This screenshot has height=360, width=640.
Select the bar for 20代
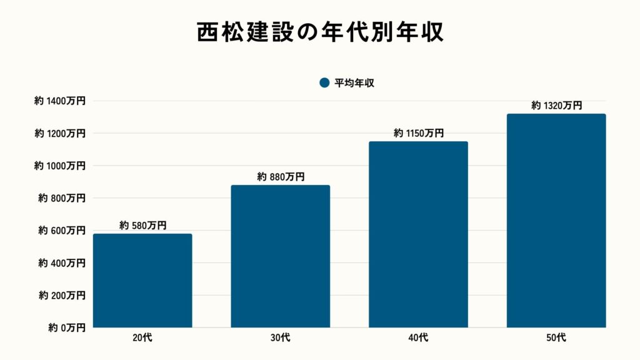tap(142, 281)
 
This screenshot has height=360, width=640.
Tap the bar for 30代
tap(281, 256)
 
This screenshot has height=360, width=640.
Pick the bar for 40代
tap(418, 234)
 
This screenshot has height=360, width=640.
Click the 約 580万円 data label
tap(142, 226)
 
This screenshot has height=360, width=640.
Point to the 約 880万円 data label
tap(281, 177)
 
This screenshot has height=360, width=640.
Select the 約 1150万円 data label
tap(418, 133)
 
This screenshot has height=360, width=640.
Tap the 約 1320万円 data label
tap(556, 106)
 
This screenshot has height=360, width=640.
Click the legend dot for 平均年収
tap(324, 82)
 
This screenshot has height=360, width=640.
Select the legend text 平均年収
tap(354, 82)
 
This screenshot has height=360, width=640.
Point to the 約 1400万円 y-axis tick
tap(60, 101)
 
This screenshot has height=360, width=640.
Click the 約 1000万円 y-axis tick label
tap(60, 166)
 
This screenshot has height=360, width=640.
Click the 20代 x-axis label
tap(142, 338)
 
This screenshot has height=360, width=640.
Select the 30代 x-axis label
tap(281, 338)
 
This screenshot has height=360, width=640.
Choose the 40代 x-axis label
tap(418, 338)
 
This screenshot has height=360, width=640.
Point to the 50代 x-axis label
tap(556, 338)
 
